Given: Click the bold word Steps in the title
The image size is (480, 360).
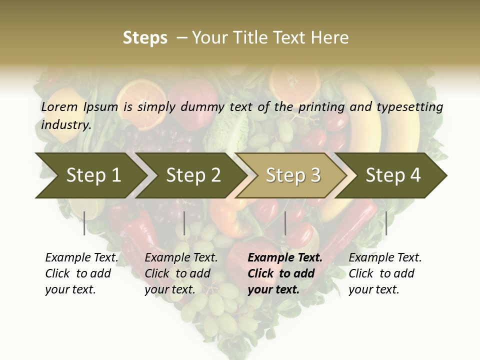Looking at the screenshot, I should point(145,38).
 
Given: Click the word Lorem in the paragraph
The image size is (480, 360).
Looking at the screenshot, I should point(59,106).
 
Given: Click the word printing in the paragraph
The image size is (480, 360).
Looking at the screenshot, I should point(322,106).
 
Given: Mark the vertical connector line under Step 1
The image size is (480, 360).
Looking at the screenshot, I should point(84,223).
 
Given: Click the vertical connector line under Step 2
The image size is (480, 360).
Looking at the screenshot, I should point(184,223).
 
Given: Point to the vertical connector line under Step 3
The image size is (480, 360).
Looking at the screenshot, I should point(285,223).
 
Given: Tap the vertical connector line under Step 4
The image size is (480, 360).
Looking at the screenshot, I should point(386,223).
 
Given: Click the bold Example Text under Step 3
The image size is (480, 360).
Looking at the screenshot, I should point(285,258).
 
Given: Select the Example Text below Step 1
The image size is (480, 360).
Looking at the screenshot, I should point(81,258).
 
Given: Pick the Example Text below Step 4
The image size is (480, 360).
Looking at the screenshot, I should point(385,258).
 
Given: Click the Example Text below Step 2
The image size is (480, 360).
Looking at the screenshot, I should point(181,258).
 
